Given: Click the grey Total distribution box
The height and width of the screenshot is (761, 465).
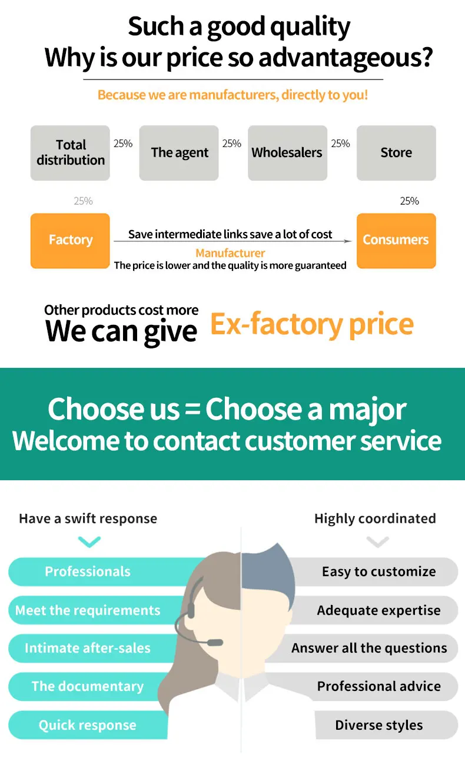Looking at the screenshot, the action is point(70,152).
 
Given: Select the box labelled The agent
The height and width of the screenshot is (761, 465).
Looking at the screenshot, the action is point(179,152).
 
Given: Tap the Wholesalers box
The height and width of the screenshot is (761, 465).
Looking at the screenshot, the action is point(287,152).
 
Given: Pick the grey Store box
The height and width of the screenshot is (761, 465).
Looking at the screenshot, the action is point(396,152).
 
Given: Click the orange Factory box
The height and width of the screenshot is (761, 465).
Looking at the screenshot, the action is point(70,240).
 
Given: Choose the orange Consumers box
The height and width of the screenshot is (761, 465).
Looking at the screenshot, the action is point(396,240).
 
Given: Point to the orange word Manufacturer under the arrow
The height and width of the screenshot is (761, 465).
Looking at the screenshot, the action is point(230,253).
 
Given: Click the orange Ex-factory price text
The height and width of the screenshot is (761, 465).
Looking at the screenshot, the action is point(312,324).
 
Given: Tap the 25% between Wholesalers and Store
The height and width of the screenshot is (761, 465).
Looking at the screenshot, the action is point(340,144).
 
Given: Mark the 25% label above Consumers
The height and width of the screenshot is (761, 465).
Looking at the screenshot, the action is point(409,201).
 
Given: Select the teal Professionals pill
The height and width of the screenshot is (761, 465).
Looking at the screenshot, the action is point(88,571).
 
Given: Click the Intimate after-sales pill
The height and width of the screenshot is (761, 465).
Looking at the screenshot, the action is point(88,648).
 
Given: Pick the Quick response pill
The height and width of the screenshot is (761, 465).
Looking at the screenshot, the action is point(88,725).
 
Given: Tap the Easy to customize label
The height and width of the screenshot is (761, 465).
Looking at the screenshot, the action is point(378,571).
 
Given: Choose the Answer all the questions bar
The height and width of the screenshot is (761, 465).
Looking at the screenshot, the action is point(369,648).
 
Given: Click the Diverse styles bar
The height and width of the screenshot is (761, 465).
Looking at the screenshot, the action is point(379,725).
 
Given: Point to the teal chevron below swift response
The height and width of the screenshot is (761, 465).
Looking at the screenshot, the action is point(89,541).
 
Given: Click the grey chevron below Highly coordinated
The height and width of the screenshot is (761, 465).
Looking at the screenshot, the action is point(377,541).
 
